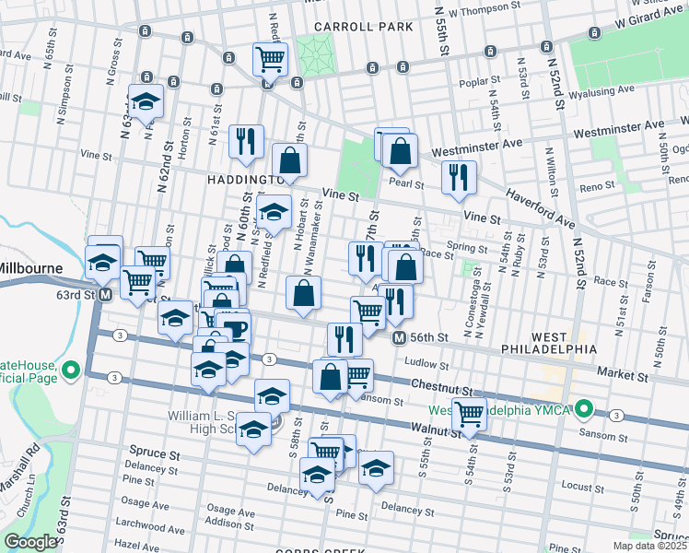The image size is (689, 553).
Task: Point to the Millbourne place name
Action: (x=29, y=267)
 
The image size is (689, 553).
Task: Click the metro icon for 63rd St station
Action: (x=105, y=295)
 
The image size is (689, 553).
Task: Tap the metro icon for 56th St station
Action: (x=399, y=338)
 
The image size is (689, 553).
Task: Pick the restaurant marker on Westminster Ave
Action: (x=459, y=177)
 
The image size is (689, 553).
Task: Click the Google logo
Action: (x=30, y=542)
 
